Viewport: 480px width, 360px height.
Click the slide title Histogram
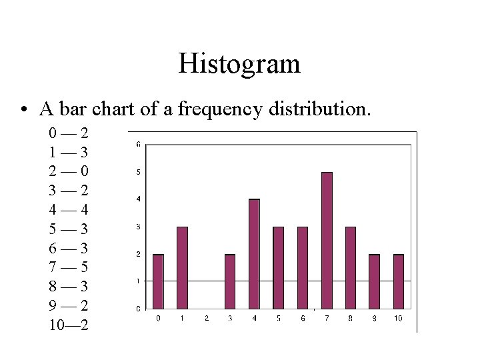click(x=239, y=64)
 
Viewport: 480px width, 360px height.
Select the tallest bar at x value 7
click(x=327, y=240)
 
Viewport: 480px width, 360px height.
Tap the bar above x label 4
click(x=254, y=253)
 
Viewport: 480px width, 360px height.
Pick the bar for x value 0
click(x=158, y=281)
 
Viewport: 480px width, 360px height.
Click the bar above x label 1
click(x=182, y=267)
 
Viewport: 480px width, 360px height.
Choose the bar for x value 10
click(x=399, y=281)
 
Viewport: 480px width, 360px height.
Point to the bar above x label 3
click(x=230, y=281)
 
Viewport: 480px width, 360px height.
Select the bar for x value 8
click(x=351, y=267)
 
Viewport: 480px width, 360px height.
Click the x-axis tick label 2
click(x=206, y=319)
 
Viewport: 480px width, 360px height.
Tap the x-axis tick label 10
click(x=398, y=319)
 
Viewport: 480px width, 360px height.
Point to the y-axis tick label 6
click(x=138, y=144)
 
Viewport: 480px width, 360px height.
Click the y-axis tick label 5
click(x=138, y=172)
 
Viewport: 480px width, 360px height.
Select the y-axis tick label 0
click(x=138, y=309)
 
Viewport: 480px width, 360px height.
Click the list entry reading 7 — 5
click(x=69, y=267)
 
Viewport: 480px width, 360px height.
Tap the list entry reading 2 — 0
click(x=69, y=171)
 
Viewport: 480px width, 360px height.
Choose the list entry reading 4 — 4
click(x=69, y=209)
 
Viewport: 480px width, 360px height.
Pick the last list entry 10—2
click(x=69, y=325)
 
